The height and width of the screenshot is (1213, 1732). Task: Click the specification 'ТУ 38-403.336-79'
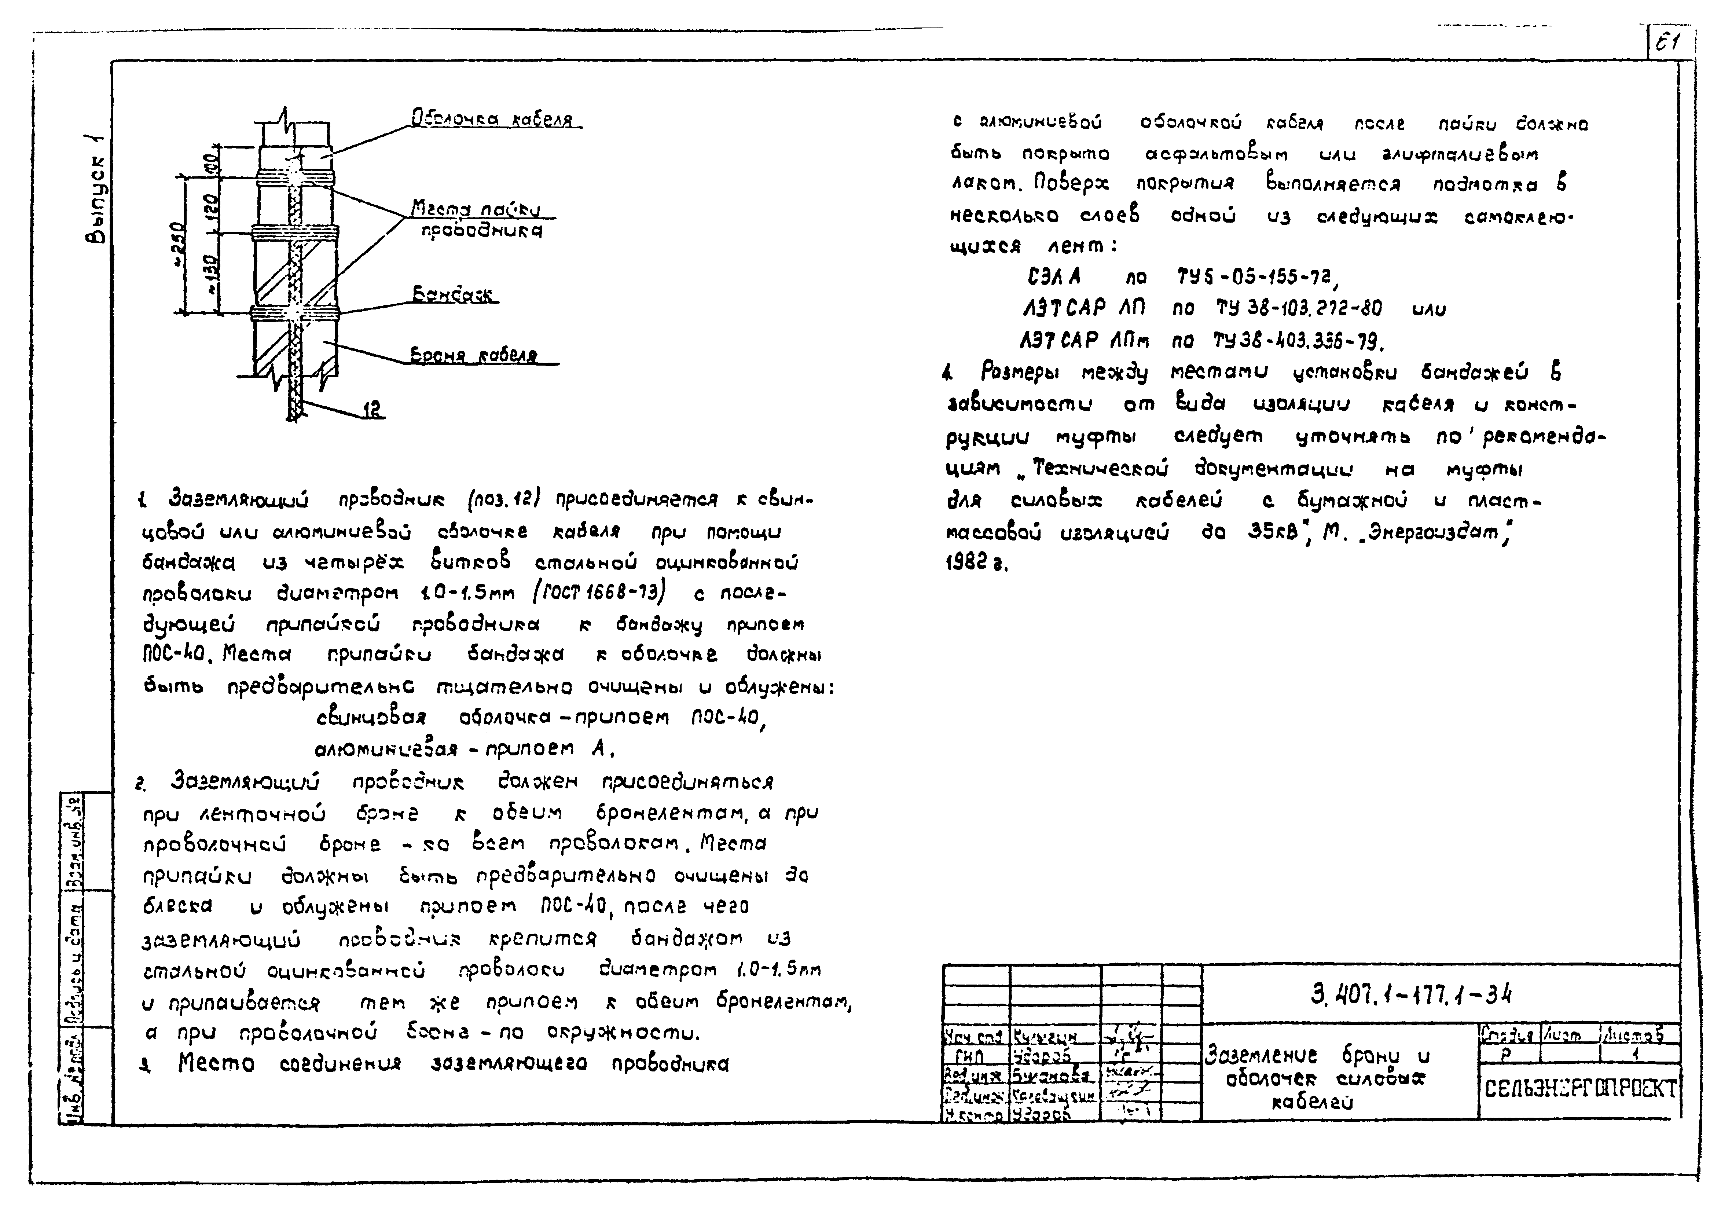(1298, 342)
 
